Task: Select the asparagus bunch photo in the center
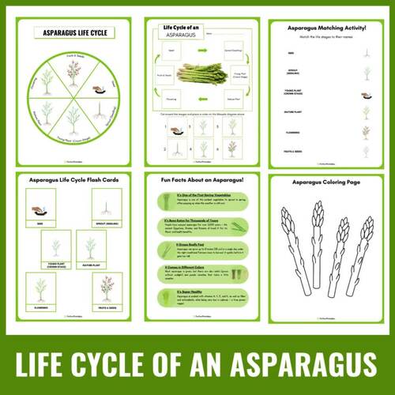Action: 197,75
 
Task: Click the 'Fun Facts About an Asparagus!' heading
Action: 197,181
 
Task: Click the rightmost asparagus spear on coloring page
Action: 363,249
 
